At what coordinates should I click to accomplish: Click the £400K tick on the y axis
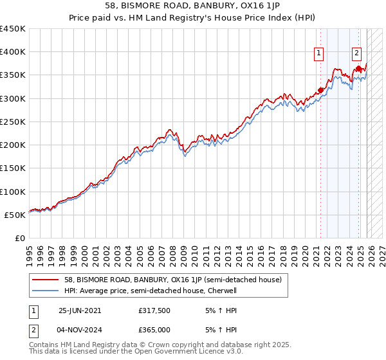point(13,52)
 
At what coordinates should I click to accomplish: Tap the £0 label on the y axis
point(20,239)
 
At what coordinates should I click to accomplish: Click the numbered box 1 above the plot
point(319,54)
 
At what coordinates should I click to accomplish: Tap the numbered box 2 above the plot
point(357,54)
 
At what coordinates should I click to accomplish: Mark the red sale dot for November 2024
point(358,68)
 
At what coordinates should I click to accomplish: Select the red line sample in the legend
point(46,280)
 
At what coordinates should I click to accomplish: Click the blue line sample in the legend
point(46,291)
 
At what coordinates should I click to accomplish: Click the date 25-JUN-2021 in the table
point(80,310)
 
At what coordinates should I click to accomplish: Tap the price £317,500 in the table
point(154,310)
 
